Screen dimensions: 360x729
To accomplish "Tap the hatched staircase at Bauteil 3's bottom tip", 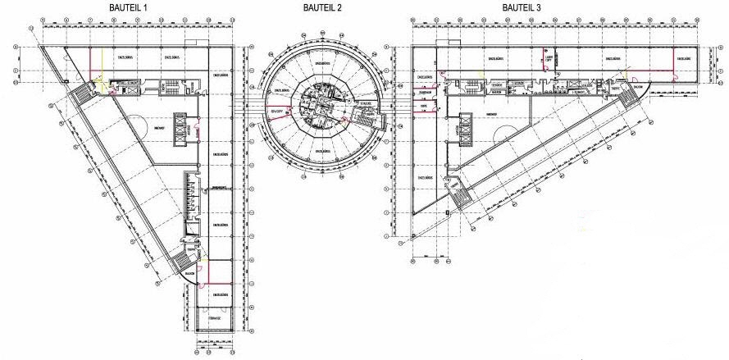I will tap(462, 198).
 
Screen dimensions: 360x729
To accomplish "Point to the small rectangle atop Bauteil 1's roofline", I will tap(190, 43).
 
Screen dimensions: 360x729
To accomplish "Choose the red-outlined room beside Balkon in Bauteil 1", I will tap(216, 268).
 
